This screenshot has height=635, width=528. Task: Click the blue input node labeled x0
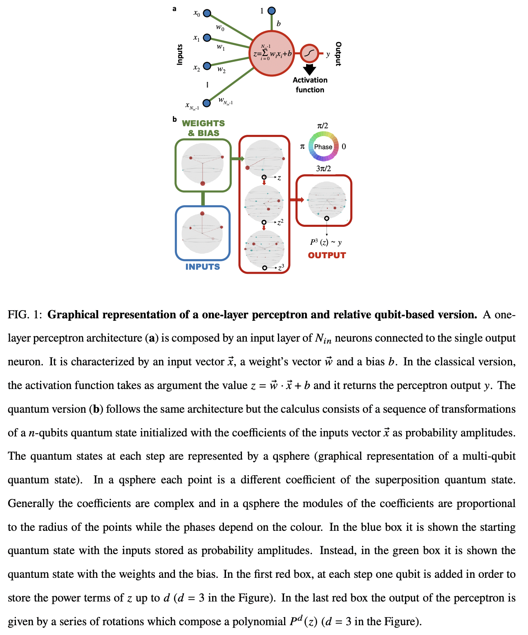coord(207,13)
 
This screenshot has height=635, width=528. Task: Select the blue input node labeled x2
coord(207,65)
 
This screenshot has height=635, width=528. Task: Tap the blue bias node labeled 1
coord(271,11)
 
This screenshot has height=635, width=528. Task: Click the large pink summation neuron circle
coord(272,53)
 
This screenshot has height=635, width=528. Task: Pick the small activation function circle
coord(309,53)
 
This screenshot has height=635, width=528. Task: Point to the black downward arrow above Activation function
coord(309,69)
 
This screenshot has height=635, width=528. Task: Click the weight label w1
coord(221,47)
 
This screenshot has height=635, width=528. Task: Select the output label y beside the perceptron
coord(328,54)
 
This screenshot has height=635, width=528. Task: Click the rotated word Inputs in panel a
coord(179,54)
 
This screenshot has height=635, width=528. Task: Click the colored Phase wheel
coord(323,146)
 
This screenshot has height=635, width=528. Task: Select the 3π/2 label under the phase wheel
coord(323,168)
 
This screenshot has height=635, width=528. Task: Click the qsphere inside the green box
coord(203,164)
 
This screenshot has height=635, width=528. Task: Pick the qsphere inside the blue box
coord(202,233)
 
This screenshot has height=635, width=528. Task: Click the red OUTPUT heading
coord(327,255)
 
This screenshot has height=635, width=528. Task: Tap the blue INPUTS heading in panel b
coord(202,267)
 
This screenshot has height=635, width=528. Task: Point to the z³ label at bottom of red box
coord(280,268)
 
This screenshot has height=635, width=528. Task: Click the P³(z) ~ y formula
coord(326,242)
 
